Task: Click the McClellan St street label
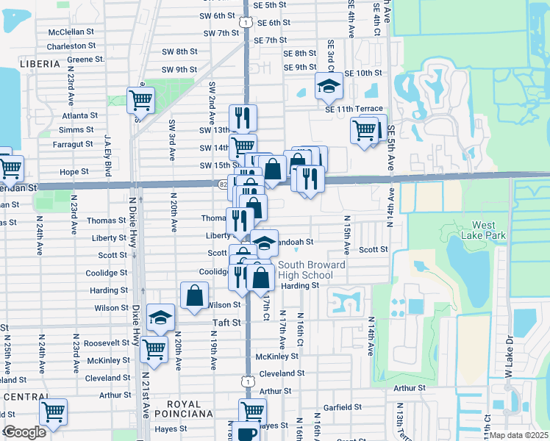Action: pos(72,32)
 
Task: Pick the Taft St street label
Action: pos(226,322)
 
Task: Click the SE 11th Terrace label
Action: pos(354,108)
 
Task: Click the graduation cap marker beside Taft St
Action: pos(160,317)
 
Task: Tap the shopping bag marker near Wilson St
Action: pos(194,295)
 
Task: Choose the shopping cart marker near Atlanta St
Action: pos(140,99)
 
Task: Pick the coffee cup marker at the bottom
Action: pos(248,432)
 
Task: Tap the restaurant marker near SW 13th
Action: pos(242,117)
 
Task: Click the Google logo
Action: pos(24,432)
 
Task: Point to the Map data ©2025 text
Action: pos(519,435)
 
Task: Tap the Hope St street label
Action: pos(74,171)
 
